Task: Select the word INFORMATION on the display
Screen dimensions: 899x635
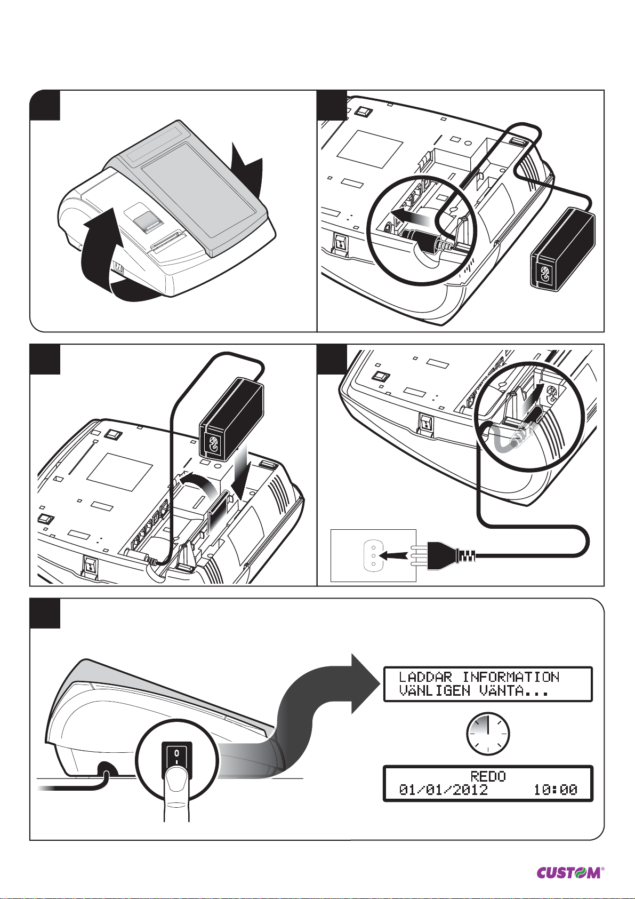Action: tap(511, 677)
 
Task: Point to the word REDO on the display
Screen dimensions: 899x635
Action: tap(488, 776)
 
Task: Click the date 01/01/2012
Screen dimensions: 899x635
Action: tap(444, 790)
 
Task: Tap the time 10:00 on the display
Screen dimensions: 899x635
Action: tap(556, 790)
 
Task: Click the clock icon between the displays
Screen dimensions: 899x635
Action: tap(488, 734)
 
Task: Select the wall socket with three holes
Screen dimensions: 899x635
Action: tap(373, 555)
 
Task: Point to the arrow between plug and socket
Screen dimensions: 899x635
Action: tap(397, 555)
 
